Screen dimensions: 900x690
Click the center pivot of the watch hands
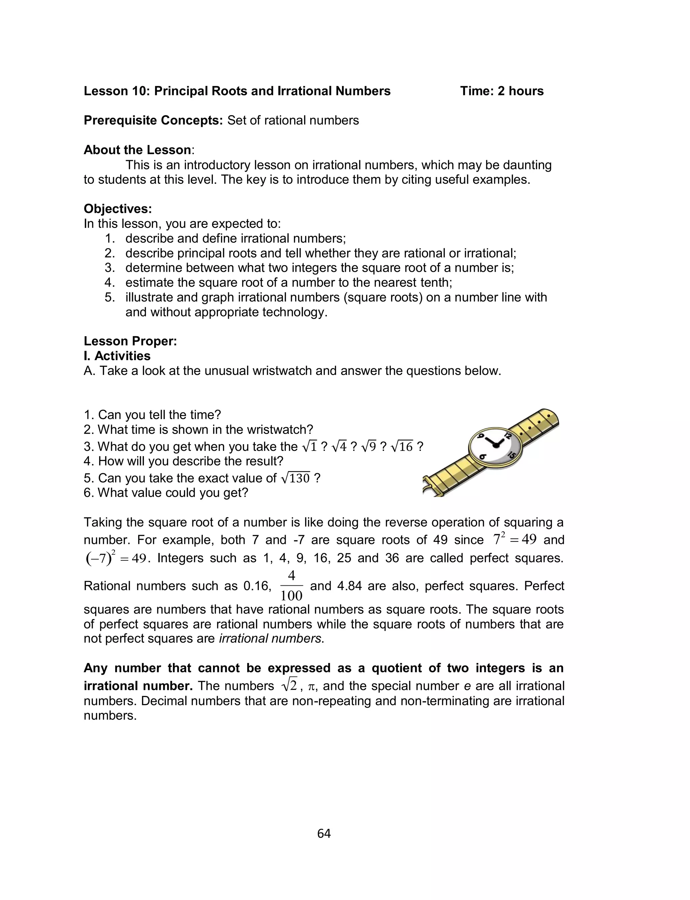496,445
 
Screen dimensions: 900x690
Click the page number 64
324,834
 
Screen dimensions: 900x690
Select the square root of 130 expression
296,478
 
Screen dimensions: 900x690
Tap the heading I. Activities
117,356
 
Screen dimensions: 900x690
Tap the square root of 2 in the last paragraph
289,686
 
